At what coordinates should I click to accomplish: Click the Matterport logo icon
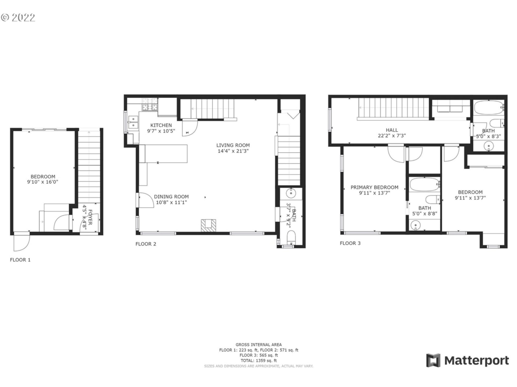[x=433, y=360]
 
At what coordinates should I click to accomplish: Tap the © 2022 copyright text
[x=18, y=18]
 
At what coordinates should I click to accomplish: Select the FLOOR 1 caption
[x=20, y=260]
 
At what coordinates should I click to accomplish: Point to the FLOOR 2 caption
[x=146, y=244]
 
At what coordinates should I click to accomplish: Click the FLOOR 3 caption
[x=350, y=243]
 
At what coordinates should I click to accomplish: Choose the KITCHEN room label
[x=161, y=125]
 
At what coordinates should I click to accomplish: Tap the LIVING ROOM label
[x=233, y=145]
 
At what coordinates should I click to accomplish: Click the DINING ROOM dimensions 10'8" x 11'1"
[x=171, y=202]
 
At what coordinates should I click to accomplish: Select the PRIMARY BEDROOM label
[x=375, y=187]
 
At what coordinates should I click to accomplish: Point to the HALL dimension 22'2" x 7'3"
[x=392, y=135]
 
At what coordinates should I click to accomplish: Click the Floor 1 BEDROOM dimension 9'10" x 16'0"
[x=43, y=182]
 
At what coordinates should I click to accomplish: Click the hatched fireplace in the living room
[x=208, y=226]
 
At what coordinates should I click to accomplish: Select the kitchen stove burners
[x=150, y=104]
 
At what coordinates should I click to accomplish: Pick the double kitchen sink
[x=133, y=122]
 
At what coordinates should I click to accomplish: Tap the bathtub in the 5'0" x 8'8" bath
[x=425, y=185]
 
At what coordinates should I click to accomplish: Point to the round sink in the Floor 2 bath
[x=291, y=193]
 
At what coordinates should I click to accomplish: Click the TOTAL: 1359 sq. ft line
[x=258, y=361]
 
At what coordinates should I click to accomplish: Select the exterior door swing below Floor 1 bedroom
[x=22, y=242]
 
